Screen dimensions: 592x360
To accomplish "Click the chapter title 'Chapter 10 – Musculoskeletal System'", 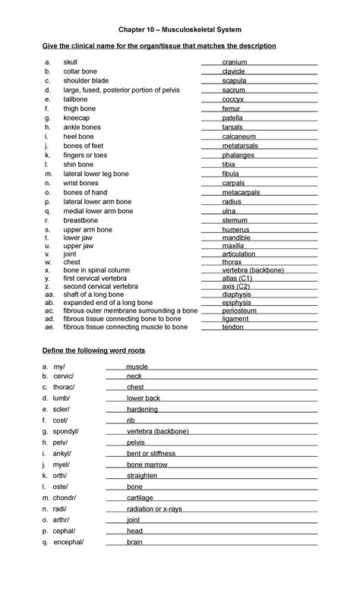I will (x=180, y=30).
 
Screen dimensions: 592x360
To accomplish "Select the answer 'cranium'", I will (x=234, y=62).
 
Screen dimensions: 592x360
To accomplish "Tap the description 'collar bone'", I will (x=80, y=71).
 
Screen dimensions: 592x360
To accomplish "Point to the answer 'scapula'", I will (x=234, y=80).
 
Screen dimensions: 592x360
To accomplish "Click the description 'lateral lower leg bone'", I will (x=96, y=174).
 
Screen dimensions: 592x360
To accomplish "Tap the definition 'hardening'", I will (x=143, y=409).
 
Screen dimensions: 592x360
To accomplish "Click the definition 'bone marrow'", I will (x=146, y=464).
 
